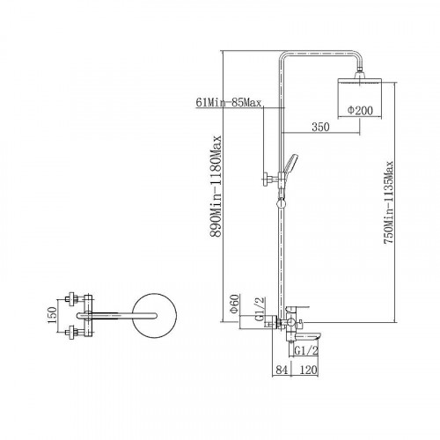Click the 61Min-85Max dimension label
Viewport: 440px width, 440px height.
point(229,103)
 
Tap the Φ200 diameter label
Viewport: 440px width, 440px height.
point(360,111)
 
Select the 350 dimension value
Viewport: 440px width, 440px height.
point(320,127)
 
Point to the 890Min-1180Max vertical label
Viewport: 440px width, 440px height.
point(216,186)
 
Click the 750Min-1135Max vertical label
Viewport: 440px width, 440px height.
point(388,202)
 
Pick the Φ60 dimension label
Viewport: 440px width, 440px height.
point(235,304)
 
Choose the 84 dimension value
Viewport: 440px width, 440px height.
point(282,370)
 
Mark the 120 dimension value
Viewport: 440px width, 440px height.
point(308,370)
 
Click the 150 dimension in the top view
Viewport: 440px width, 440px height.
point(52,315)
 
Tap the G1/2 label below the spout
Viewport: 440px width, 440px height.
point(306,350)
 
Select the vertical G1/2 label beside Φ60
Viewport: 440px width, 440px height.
point(260,309)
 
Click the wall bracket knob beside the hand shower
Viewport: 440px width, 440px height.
point(268,179)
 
